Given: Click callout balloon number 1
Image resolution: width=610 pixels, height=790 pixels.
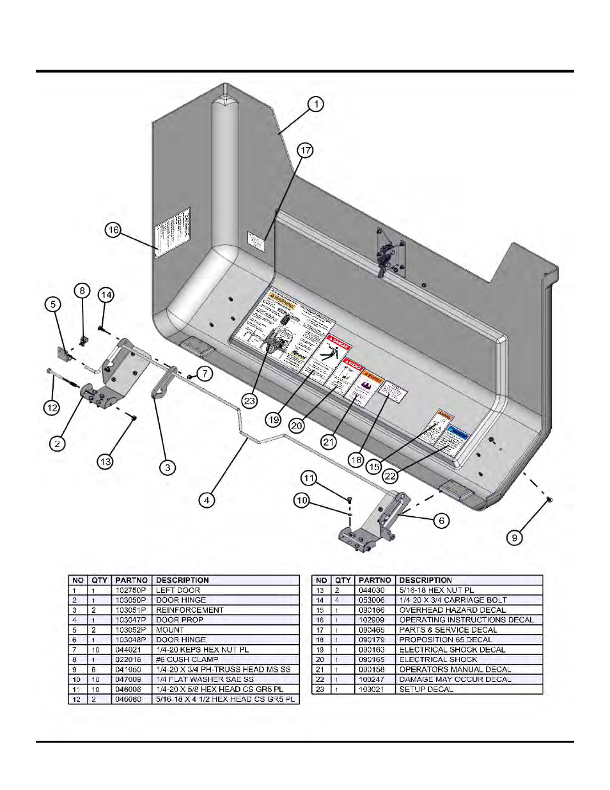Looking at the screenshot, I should (x=316, y=104).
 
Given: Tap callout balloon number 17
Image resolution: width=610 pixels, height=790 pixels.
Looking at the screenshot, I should (x=306, y=150).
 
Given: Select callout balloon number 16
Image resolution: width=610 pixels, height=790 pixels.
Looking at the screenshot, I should (x=113, y=230).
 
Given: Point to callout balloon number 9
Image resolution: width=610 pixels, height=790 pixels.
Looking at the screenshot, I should (x=514, y=538).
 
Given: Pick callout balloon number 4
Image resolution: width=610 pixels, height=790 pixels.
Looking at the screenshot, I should (x=206, y=500).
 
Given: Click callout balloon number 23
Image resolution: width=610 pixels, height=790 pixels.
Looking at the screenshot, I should (x=249, y=402).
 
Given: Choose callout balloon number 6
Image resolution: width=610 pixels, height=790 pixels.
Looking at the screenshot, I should (x=441, y=521).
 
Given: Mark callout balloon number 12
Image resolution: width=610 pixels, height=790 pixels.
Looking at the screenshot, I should (x=52, y=407).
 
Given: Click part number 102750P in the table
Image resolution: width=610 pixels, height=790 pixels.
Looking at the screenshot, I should (x=131, y=590).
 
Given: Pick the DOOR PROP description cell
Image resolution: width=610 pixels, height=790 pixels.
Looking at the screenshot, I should (x=180, y=620).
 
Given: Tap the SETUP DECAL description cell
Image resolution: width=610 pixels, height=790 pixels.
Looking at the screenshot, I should (x=426, y=690).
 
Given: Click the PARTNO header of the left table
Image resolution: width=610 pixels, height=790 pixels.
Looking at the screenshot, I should (x=131, y=580).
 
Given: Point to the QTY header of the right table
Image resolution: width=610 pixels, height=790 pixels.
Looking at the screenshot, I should (x=343, y=580).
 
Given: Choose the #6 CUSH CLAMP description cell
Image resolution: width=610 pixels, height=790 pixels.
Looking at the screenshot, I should (x=187, y=660).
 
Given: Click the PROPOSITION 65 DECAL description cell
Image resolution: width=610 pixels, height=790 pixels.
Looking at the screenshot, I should (x=446, y=640).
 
